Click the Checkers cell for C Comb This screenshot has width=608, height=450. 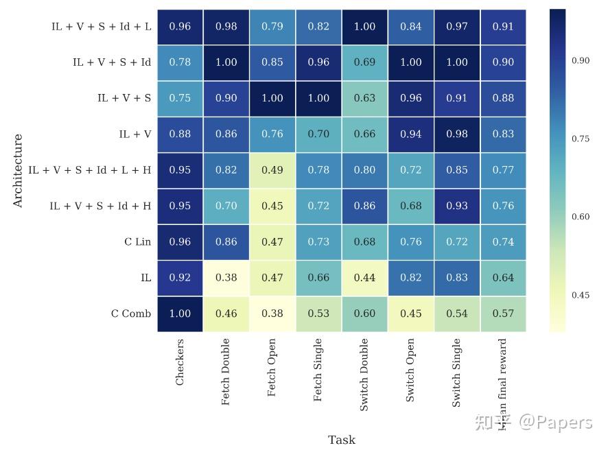tap(180, 313)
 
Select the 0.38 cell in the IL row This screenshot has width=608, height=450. tap(226, 278)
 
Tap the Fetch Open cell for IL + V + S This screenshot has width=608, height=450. tap(272, 98)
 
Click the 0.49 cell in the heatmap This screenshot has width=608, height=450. tap(272, 170)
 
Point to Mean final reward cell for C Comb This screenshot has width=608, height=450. tap(503, 313)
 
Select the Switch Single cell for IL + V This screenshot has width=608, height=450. tap(457, 134)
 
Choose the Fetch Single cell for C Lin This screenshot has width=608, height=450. tap(318, 242)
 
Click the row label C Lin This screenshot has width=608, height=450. tap(137, 242)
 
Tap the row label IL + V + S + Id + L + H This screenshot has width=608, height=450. tap(90, 170)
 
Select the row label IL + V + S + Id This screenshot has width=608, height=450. tap(112, 62)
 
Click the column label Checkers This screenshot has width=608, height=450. tap(180, 362)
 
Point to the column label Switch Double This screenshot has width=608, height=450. tap(364, 375)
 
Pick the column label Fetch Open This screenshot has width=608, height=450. tap(272, 368)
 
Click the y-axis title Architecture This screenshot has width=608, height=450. tap(18, 170)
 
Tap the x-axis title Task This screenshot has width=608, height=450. tap(341, 440)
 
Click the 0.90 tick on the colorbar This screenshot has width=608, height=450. tap(580, 60)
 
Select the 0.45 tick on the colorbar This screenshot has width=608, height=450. tap(580, 296)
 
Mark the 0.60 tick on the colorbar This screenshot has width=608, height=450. tap(580, 217)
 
